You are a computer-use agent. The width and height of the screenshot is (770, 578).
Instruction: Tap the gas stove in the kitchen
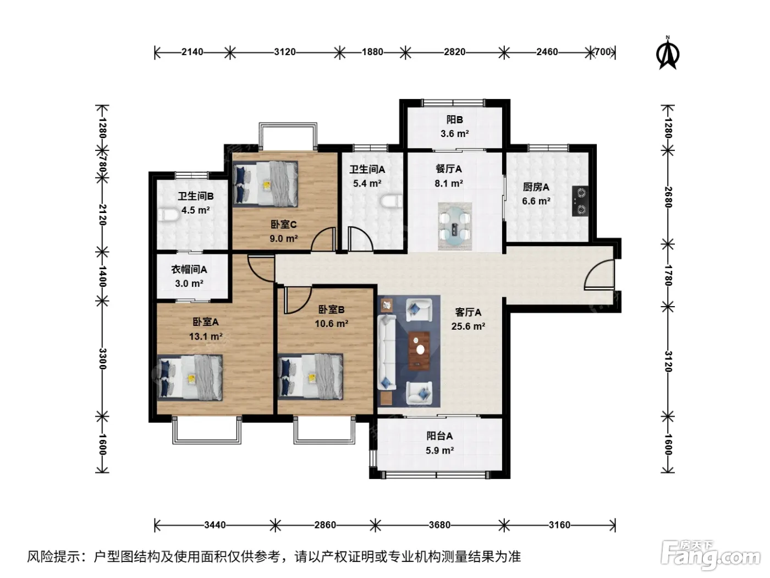580,201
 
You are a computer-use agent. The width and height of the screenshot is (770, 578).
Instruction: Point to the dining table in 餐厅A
455,226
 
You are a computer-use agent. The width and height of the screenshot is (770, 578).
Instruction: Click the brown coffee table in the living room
419,351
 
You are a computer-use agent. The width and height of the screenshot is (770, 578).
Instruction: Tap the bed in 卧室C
266,184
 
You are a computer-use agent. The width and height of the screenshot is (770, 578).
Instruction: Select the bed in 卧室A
190,378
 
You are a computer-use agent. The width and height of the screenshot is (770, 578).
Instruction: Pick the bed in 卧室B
310,376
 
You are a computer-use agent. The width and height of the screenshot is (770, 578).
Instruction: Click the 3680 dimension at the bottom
439,525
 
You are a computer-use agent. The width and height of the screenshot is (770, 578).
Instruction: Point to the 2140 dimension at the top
193,52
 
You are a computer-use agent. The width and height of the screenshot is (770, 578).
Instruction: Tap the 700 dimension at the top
603,52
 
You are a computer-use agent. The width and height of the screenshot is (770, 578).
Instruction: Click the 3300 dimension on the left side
102,359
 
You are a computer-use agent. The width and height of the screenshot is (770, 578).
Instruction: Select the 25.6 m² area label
468,326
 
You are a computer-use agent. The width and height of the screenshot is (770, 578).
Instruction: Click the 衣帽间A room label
189,270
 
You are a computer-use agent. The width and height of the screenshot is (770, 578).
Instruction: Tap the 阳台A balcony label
439,436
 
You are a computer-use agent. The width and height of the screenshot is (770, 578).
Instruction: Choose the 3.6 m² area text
455,134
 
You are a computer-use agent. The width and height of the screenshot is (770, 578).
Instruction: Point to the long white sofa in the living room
387,352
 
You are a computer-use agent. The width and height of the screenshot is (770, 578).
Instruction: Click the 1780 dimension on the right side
668,275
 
